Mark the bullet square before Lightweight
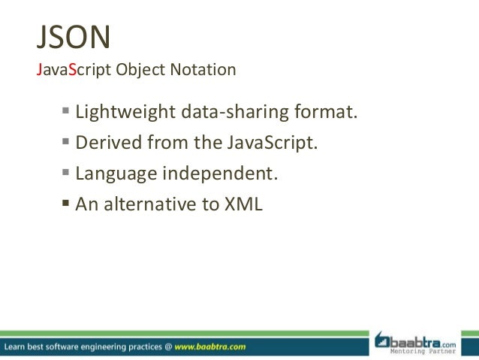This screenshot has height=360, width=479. tap(65, 113)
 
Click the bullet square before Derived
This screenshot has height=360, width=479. tap(65, 142)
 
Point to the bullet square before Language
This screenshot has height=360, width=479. tap(65, 172)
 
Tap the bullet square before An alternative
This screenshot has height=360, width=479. tap(65, 201)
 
